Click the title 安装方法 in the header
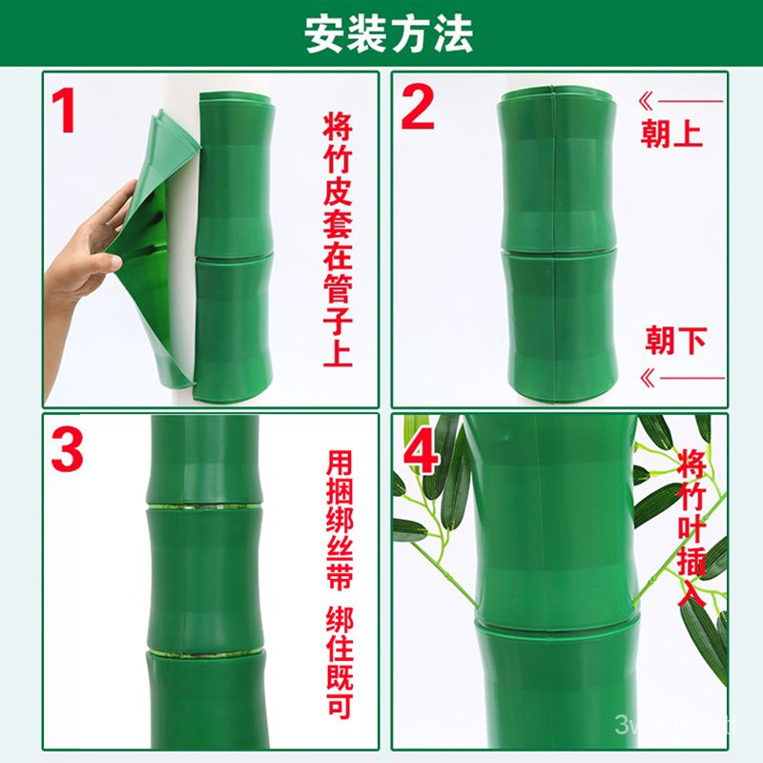pyautogui.click(x=388, y=34)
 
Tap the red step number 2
pyautogui.click(x=418, y=108)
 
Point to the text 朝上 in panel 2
pyautogui.click(x=671, y=134)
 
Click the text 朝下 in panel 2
pyautogui.click(x=675, y=340)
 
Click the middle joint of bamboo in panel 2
pyautogui.click(x=557, y=250)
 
